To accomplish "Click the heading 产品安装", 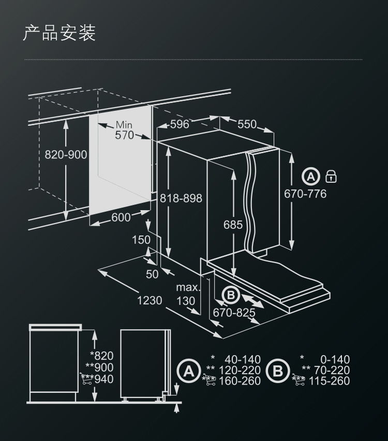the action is (x=59, y=33).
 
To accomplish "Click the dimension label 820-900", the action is (x=66, y=155).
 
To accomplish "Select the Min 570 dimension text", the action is (x=124, y=130).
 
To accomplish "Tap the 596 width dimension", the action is (x=180, y=124).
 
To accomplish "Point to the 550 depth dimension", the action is (x=247, y=124).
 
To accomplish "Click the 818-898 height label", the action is (x=181, y=198).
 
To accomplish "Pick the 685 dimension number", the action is (x=233, y=225).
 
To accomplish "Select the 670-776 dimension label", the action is (x=305, y=194).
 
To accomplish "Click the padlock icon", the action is (x=331, y=177).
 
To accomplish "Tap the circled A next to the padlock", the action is (x=311, y=177).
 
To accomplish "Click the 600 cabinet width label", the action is (x=121, y=217).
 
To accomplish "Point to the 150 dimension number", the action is (x=141, y=240).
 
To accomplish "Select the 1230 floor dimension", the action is (x=150, y=300).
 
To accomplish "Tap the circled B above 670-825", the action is (x=231, y=295).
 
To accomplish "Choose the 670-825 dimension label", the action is (x=234, y=313).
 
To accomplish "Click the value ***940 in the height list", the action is (x=97, y=379).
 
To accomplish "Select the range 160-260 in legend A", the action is (x=240, y=381).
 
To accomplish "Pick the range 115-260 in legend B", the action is (x=329, y=381).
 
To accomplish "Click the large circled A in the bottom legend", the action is (x=189, y=371).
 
